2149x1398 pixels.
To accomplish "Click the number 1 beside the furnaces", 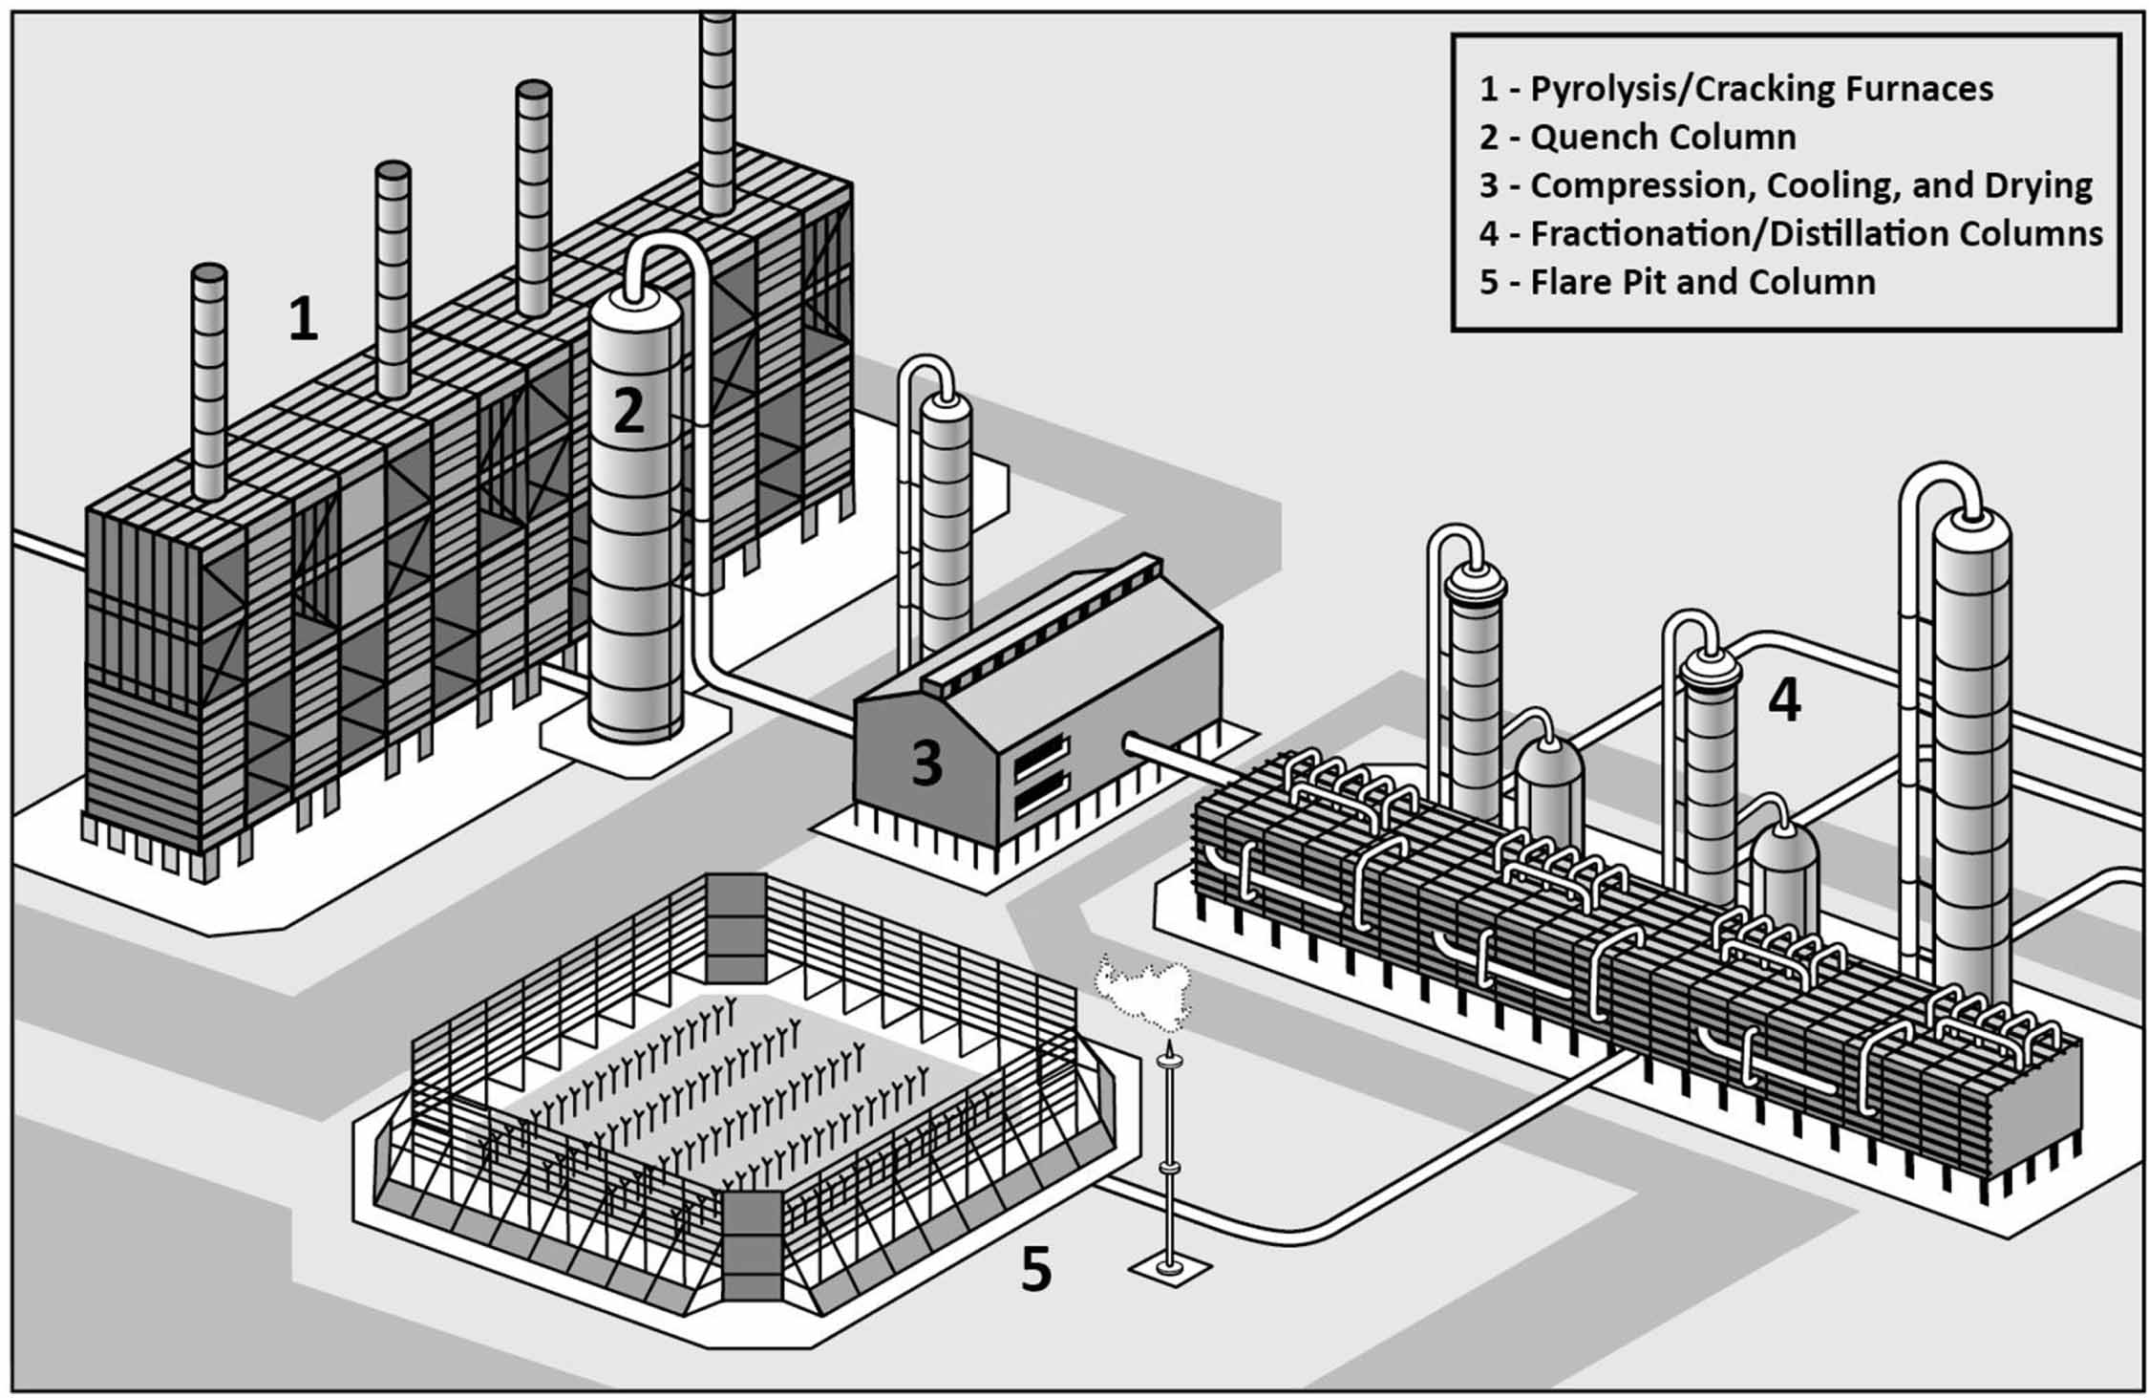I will pyautogui.click(x=303, y=319).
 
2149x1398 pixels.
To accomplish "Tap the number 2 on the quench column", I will pyautogui.click(x=628, y=411).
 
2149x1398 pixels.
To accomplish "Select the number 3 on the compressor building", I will pyautogui.click(x=926, y=764).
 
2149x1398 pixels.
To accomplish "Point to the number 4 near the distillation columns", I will pyautogui.click(x=1784, y=700).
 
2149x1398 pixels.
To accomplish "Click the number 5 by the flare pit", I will pyautogui.click(x=1036, y=1270).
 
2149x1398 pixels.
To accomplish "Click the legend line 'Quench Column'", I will pyautogui.click(x=1637, y=138).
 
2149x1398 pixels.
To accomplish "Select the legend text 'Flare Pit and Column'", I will pyautogui.click(x=1677, y=283).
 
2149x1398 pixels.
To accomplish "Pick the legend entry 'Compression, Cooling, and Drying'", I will pyautogui.click(x=1785, y=185).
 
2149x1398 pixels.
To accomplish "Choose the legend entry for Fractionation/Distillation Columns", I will pyautogui.click(x=1790, y=234).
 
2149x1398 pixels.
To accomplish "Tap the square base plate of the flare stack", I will pyautogui.click(x=1169, y=1269).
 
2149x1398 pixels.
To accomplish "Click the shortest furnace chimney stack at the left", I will pyautogui.click(x=209, y=382).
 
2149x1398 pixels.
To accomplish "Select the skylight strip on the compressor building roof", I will pyautogui.click(x=1041, y=622).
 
